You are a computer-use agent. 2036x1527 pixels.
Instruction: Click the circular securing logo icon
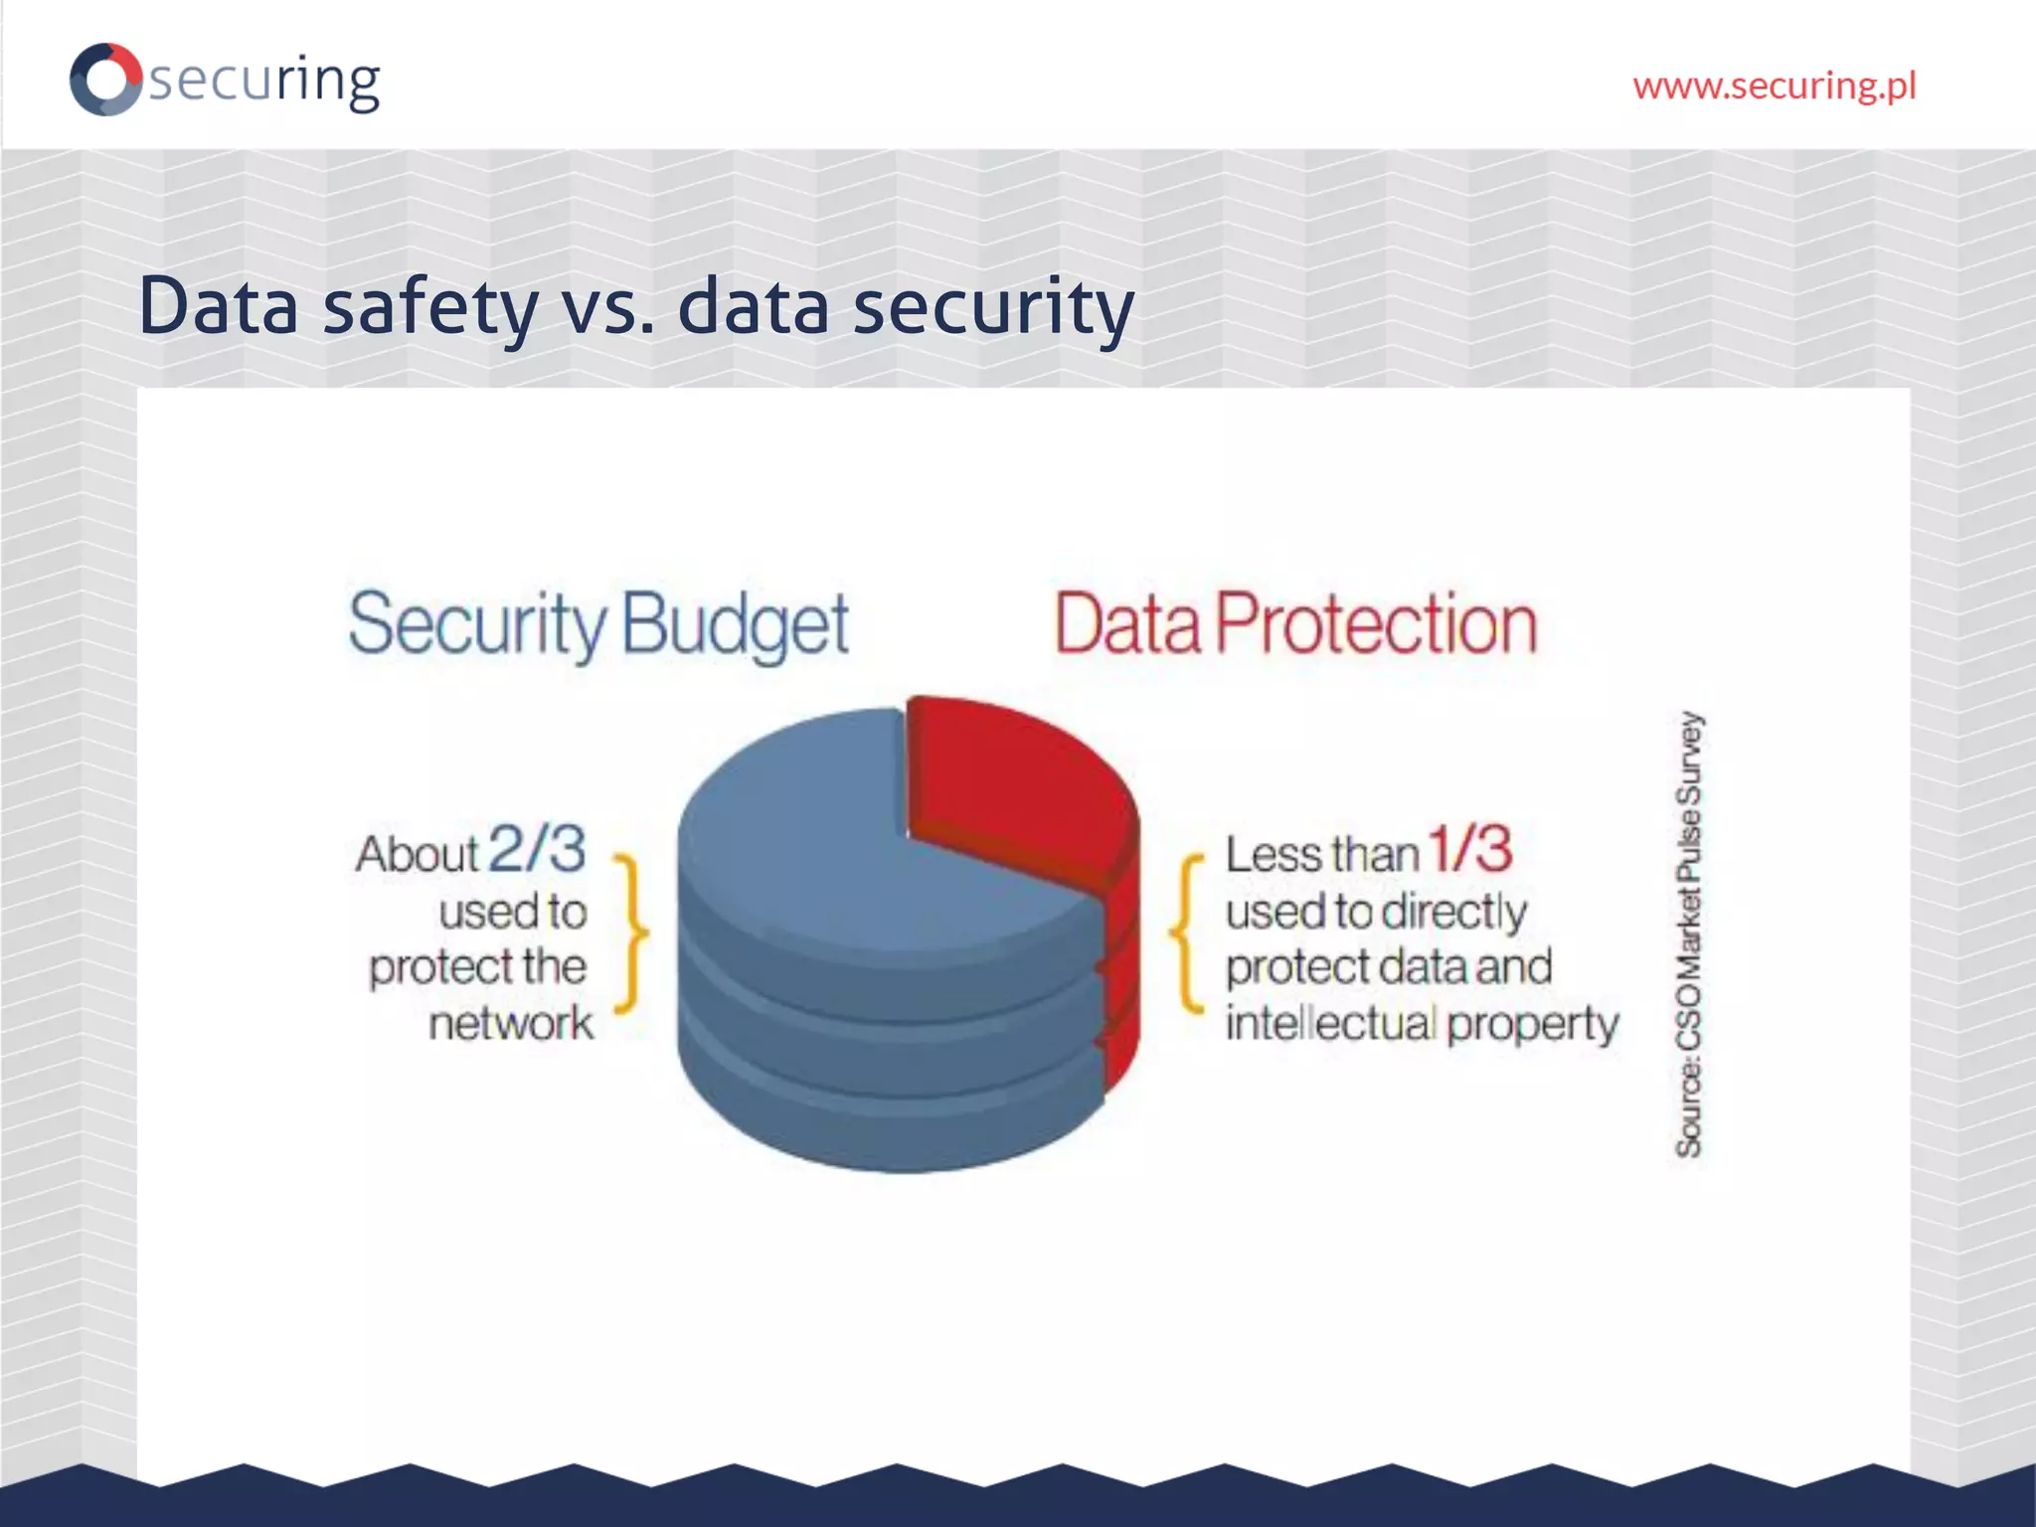(x=105, y=79)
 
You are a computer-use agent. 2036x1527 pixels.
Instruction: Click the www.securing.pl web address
(x=1774, y=86)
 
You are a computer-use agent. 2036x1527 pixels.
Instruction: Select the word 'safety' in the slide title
(x=429, y=306)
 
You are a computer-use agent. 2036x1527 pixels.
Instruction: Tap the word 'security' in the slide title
(x=993, y=306)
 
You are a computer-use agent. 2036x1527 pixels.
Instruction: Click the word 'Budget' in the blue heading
(x=736, y=624)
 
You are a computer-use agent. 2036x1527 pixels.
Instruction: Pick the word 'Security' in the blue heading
(x=477, y=624)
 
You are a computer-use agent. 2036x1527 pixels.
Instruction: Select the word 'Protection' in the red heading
(x=1376, y=624)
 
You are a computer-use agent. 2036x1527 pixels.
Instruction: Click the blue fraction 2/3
(x=538, y=849)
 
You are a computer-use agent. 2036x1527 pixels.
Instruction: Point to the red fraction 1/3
(x=1469, y=849)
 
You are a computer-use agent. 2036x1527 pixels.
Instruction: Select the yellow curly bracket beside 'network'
(x=632, y=933)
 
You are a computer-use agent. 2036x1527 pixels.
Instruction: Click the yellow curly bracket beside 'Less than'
(x=1186, y=933)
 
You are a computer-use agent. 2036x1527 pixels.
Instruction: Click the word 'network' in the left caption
(x=511, y=1023)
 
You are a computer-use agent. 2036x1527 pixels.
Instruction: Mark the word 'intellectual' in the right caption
(x=1330, y=1023)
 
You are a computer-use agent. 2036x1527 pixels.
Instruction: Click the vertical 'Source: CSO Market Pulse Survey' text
(x=1689, y=934)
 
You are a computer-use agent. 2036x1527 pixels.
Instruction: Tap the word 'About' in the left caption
(x=418, y=854)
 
